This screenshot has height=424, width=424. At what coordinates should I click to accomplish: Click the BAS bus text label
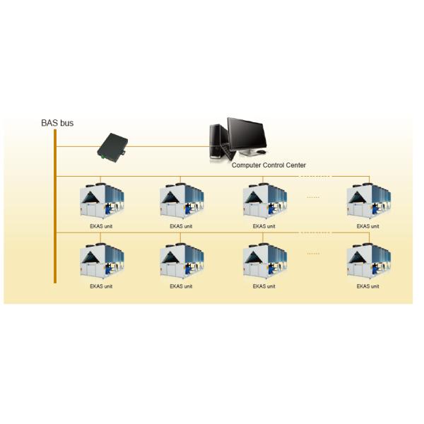pyautogui.click(x=57, y=123)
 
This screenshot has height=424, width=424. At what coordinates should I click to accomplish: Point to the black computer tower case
pyautogui.click(x=220, y=141)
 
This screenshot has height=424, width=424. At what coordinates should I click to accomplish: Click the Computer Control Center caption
pyautogui.click(x=269, y=165)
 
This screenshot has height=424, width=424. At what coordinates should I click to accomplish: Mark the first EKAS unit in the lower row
pyautogui.click(x=101, y=262)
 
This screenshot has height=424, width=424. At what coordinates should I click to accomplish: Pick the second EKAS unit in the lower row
pyautogui.click(x=181, y=262)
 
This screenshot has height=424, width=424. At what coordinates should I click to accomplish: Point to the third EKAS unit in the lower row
pyautogui.click(x=264, y=262)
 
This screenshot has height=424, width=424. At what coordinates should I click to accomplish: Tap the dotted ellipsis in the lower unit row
pyautogui.click(x=313, y=253)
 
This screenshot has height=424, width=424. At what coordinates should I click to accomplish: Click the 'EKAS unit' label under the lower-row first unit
pyautogui.click(x=101, y=286)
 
